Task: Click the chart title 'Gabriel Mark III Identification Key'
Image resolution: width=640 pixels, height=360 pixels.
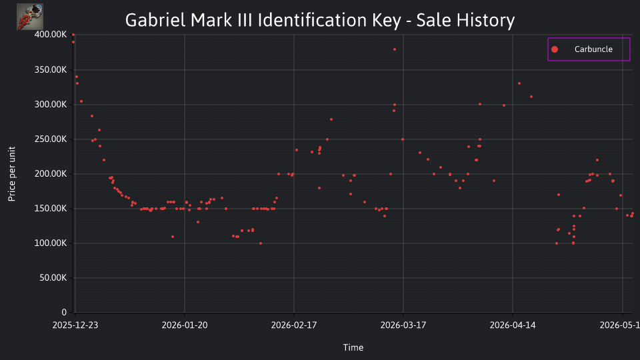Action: (x=263, y=20)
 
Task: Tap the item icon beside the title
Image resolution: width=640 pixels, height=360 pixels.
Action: (x=30, y=17)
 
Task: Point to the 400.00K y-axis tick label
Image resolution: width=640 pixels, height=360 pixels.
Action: (x=51, y=35)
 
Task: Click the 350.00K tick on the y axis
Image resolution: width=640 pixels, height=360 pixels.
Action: (x=51, y=70)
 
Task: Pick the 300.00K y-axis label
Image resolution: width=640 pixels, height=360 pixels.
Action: (x=51, y=105)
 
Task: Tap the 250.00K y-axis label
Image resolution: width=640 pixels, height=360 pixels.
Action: (x=51, y=139)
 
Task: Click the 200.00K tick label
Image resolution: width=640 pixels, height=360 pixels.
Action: (x=51, y=174)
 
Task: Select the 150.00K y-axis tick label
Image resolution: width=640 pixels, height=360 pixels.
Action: (x=51, y=209)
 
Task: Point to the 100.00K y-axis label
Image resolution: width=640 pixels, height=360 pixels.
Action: (x=51, y=243)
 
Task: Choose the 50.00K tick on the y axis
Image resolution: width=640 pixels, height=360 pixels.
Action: (x=53, y=278)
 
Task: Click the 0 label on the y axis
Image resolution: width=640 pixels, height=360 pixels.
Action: (x=64, y=313)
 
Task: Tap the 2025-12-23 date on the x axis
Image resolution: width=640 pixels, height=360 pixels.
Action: (x=75, y=325)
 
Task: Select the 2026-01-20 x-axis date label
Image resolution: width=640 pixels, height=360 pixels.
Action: (x=185, y=325)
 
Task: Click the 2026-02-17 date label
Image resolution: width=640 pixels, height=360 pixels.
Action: (x=294, y=325)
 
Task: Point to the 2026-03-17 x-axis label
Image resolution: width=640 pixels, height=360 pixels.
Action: (x=403, y=325)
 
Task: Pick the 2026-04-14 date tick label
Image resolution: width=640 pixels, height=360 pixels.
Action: (x=513, y=325)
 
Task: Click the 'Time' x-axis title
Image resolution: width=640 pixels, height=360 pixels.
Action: (x=353, y=348)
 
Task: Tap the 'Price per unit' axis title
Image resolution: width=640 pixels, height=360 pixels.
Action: (x=12, y=174)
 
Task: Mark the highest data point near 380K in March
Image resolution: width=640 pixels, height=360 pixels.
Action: (x=395, y=49)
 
